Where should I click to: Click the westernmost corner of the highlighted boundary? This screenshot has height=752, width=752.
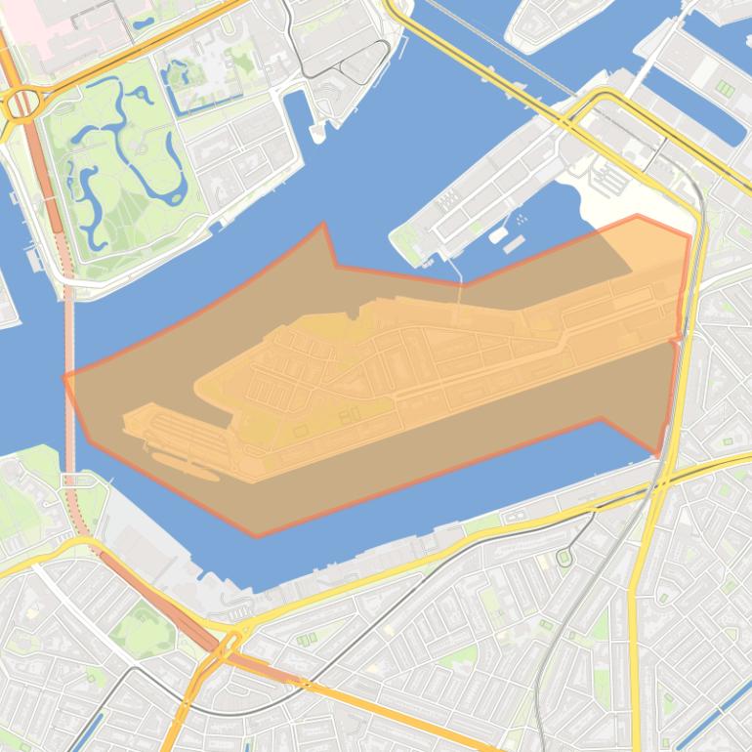tap(64, 377)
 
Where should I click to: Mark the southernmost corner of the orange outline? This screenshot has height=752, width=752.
tap(257, 536)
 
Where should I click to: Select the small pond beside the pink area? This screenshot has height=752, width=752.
tap(143, 21)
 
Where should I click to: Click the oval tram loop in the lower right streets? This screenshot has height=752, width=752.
tap(564, 558)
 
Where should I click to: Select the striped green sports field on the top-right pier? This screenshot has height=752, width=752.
tap(725, 89)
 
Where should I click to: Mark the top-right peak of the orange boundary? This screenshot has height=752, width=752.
tap(637, 216)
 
